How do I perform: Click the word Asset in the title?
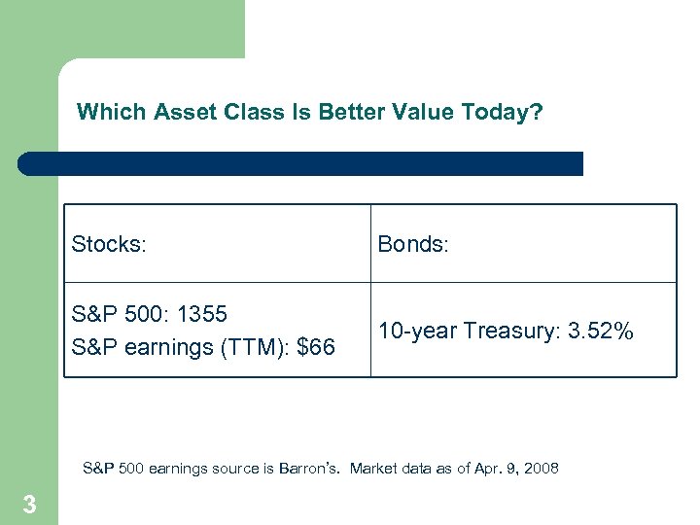[177, 113]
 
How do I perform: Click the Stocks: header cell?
[109, 244]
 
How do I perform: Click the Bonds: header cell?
[413, 244]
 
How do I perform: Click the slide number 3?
[29, 505]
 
